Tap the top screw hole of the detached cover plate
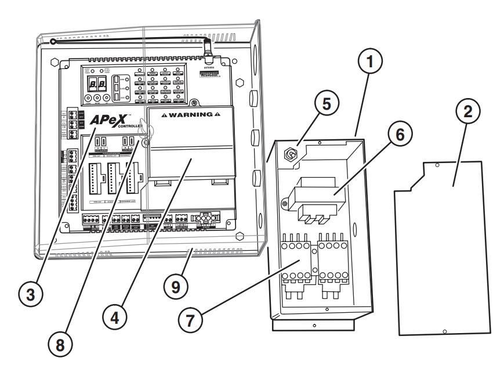click(x=436, y=165)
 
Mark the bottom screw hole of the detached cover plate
click(x=444, y=331)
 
